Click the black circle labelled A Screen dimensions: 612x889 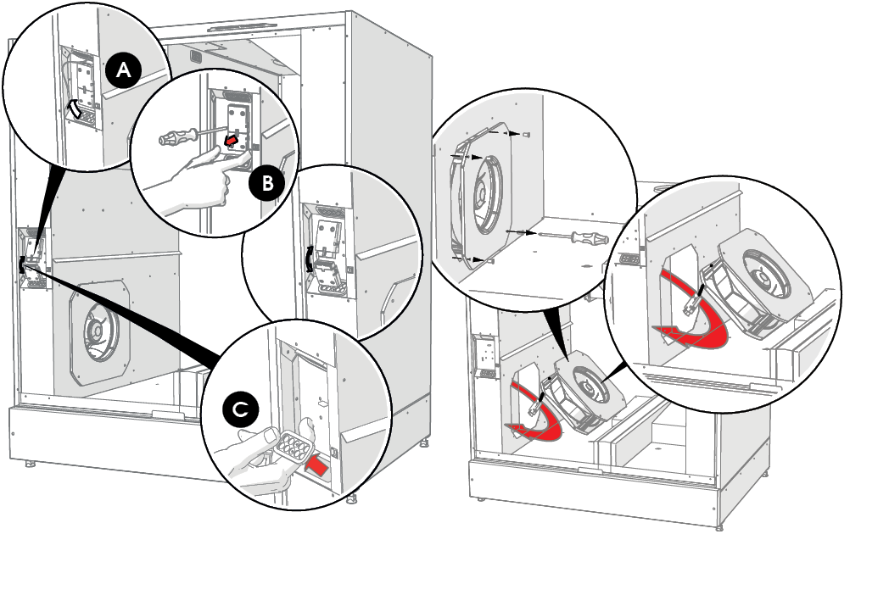124,70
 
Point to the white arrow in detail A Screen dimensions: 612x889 74,108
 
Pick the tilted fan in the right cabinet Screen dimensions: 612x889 582,387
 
